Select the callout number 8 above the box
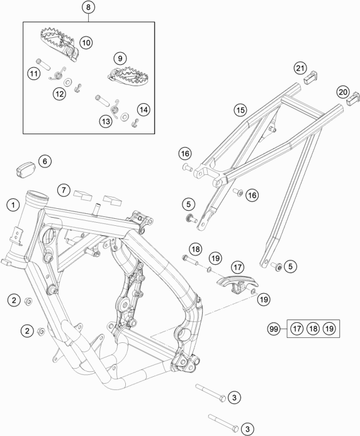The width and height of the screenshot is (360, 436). (x=88, y=8)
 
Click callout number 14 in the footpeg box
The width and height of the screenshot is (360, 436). (x=143, y=110)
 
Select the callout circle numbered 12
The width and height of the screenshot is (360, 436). (x=59, y=94)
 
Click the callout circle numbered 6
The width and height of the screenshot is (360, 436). (x=43, y=162)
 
